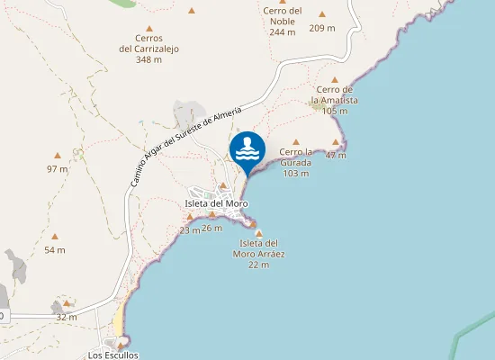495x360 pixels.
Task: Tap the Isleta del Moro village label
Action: tap(216, 203)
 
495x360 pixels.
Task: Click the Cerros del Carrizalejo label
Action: tap(148, 44)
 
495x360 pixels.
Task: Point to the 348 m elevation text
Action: tap(148, 60)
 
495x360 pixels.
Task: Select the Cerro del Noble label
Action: tap(283, 16)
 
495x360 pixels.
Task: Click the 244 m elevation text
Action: tap(283, 31)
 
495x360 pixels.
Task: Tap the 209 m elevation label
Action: tap(322, 28)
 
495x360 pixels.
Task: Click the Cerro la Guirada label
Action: tap(295, 157)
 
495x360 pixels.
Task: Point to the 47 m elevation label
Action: tap(336, 156)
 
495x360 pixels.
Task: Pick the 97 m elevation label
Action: tap(57, 169)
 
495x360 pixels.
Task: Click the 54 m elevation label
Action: tap(55, 250)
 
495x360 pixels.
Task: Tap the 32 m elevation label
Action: tap(66, 318)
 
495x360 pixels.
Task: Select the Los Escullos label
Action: tap(113, 355)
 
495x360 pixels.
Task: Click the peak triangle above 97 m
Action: tap(57, 156)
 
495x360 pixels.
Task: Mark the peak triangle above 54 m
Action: tap(55, 237)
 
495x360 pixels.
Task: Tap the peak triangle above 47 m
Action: tap(336, 142)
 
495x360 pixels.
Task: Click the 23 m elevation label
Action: tap(189, 230)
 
